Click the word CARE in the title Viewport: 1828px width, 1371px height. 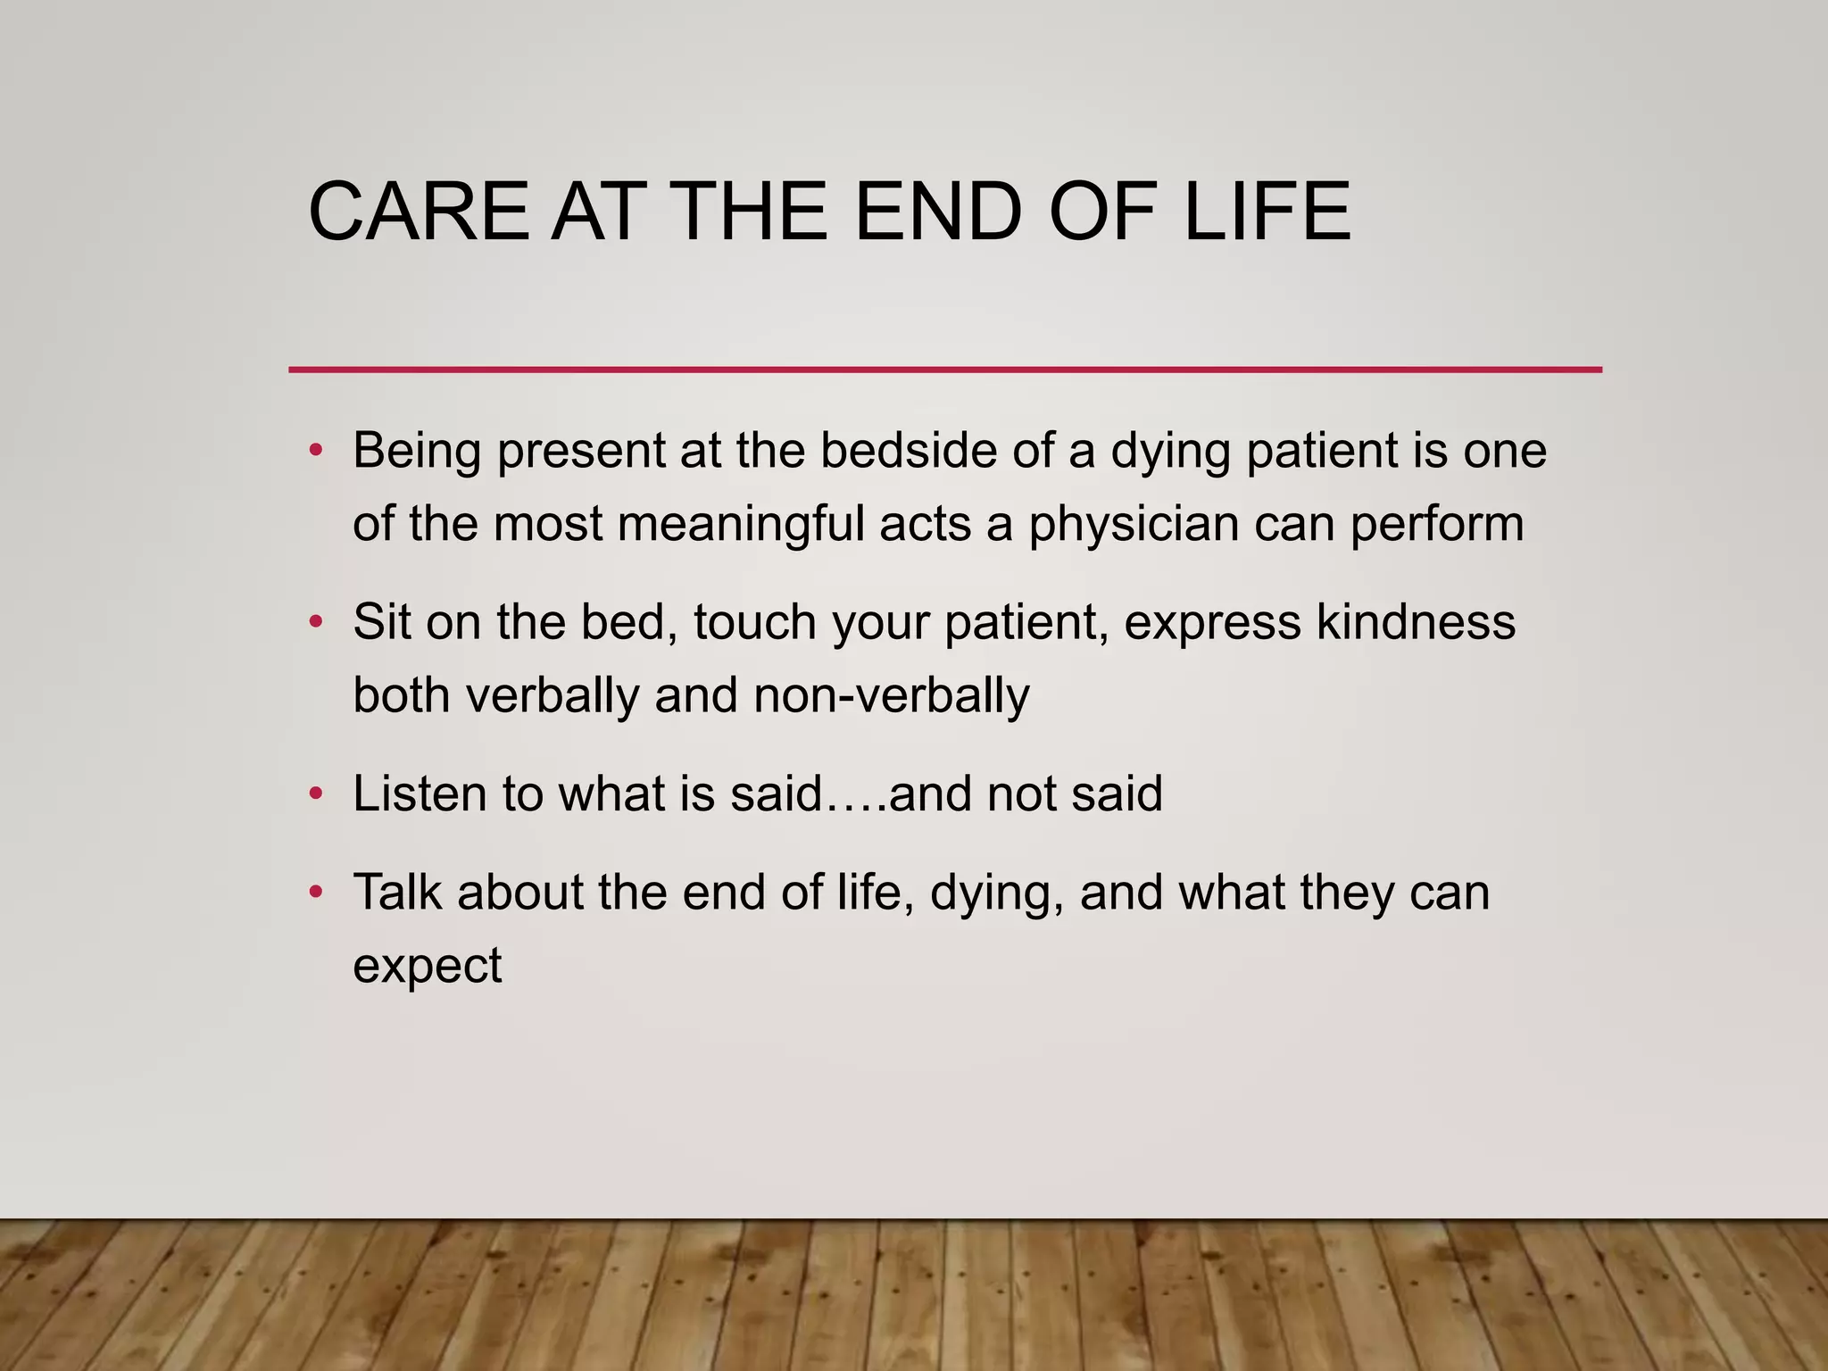(418, 212)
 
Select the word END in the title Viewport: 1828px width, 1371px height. (937, 212)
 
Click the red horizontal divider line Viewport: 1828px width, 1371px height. (944, 370)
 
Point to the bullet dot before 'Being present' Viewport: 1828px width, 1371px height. (315, 451)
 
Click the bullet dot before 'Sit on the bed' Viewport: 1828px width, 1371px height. (315, 622)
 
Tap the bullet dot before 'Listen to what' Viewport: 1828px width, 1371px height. (315, 794)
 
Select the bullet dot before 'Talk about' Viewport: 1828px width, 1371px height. (315, 892)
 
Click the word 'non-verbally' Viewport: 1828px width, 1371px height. (891, 696)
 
